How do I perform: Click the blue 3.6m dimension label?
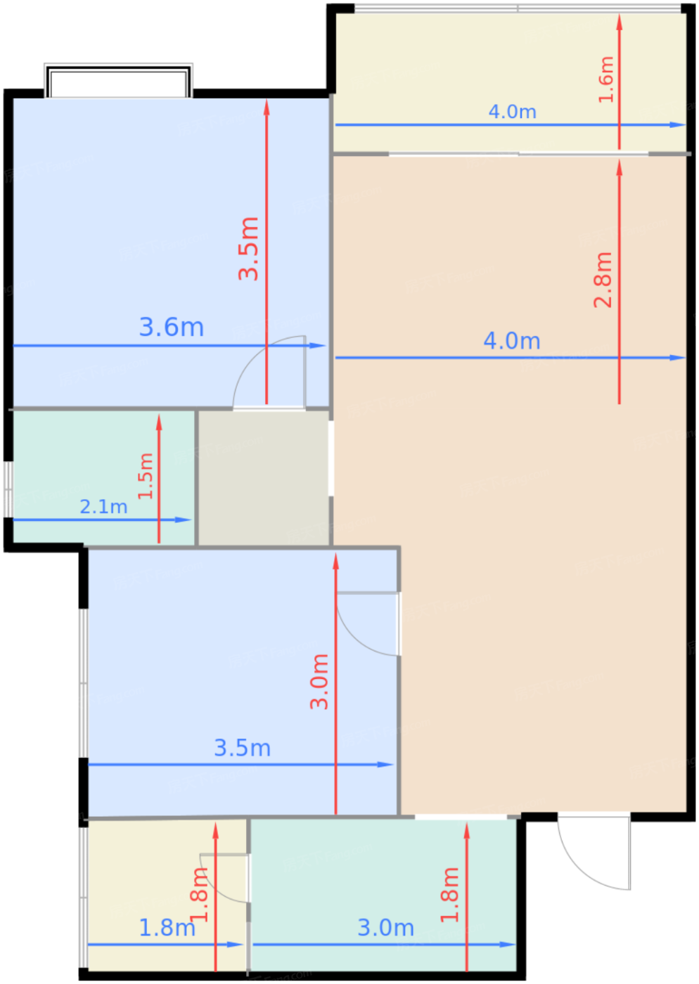click(x=172, y=328)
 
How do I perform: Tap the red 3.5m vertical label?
click(x=248, y=248)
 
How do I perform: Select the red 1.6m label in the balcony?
click(x=605, y=79)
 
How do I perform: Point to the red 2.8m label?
click(x=603, y=280)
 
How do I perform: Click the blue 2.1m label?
click(x=103, y=507)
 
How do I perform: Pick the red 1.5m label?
click(x=146, y=477)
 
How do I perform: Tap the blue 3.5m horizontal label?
click(x=242, y=748)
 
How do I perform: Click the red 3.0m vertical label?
click(x=319, y=682)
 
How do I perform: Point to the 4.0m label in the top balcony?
click(x=513, y=112)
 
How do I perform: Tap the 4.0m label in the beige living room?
click(x=512, y=341)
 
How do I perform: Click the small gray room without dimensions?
click(x=264, y=479)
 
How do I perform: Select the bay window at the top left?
click(x=118, y=80)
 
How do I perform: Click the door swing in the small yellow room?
click(x=225, y=879)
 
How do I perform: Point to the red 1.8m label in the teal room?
click(x=450, y=895)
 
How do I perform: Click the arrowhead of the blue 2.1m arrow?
click(x=184, y=520)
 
